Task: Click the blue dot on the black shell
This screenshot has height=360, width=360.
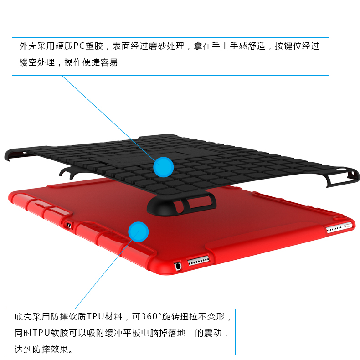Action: click(x=163, y=167)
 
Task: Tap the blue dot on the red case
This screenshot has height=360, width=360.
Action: click(x=139, y=231)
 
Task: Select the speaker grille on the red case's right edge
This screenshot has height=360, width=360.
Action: click(x=334, y=228)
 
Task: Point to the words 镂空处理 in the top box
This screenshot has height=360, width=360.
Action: click(x=37, y=62)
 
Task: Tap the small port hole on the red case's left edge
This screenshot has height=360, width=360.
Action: click(x=69, y=225)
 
